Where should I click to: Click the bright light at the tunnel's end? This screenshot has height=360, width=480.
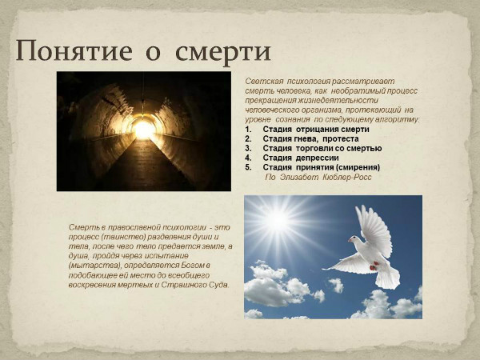click(144, 128)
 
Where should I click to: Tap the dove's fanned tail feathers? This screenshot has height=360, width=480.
click(387, 277)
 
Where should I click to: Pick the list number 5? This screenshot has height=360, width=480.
click(248, 167)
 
